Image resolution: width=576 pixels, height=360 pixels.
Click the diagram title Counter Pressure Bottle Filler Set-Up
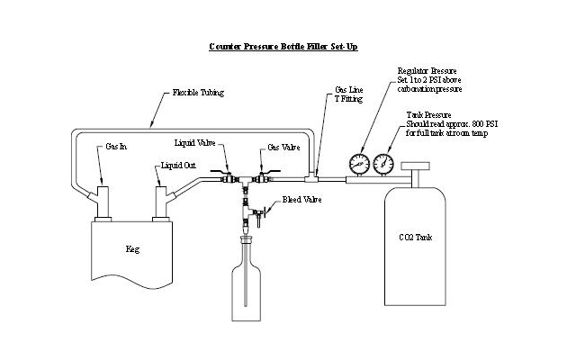click(x=283, y=47)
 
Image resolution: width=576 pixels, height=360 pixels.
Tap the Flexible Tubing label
click(x=198, y=92)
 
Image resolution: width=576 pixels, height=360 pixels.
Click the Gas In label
click(x=116, y=147)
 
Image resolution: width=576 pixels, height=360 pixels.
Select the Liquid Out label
click(x=178, y=166)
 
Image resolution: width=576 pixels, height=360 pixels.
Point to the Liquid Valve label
click(x=194, y=143)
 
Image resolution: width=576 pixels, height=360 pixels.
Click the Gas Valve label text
click(x=283, y=148)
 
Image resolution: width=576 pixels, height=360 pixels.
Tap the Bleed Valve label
click(x=302, y=200)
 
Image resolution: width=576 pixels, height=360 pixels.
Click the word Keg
click(x=132, y=249)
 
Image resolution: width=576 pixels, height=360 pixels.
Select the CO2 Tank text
click(x=416, y=238)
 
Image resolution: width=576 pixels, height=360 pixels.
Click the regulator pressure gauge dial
click(x=359, y=164)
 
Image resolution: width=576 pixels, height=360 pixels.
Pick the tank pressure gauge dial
click(x=383, y=164)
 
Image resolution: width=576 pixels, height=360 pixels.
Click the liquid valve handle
click(x=220, y=172)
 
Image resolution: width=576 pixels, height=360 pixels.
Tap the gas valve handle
click(x=270, y=171)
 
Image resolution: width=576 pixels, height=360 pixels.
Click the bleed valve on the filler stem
click(x=259, y=212)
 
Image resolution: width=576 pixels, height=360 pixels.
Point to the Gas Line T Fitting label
click(x=348, y=94)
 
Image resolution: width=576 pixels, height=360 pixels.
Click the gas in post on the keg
click(x=103, y=202)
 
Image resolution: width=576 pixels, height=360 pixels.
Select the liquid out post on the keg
click(x=161, y=202)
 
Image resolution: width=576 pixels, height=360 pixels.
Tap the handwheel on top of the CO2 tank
click(x=416, y=166)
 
